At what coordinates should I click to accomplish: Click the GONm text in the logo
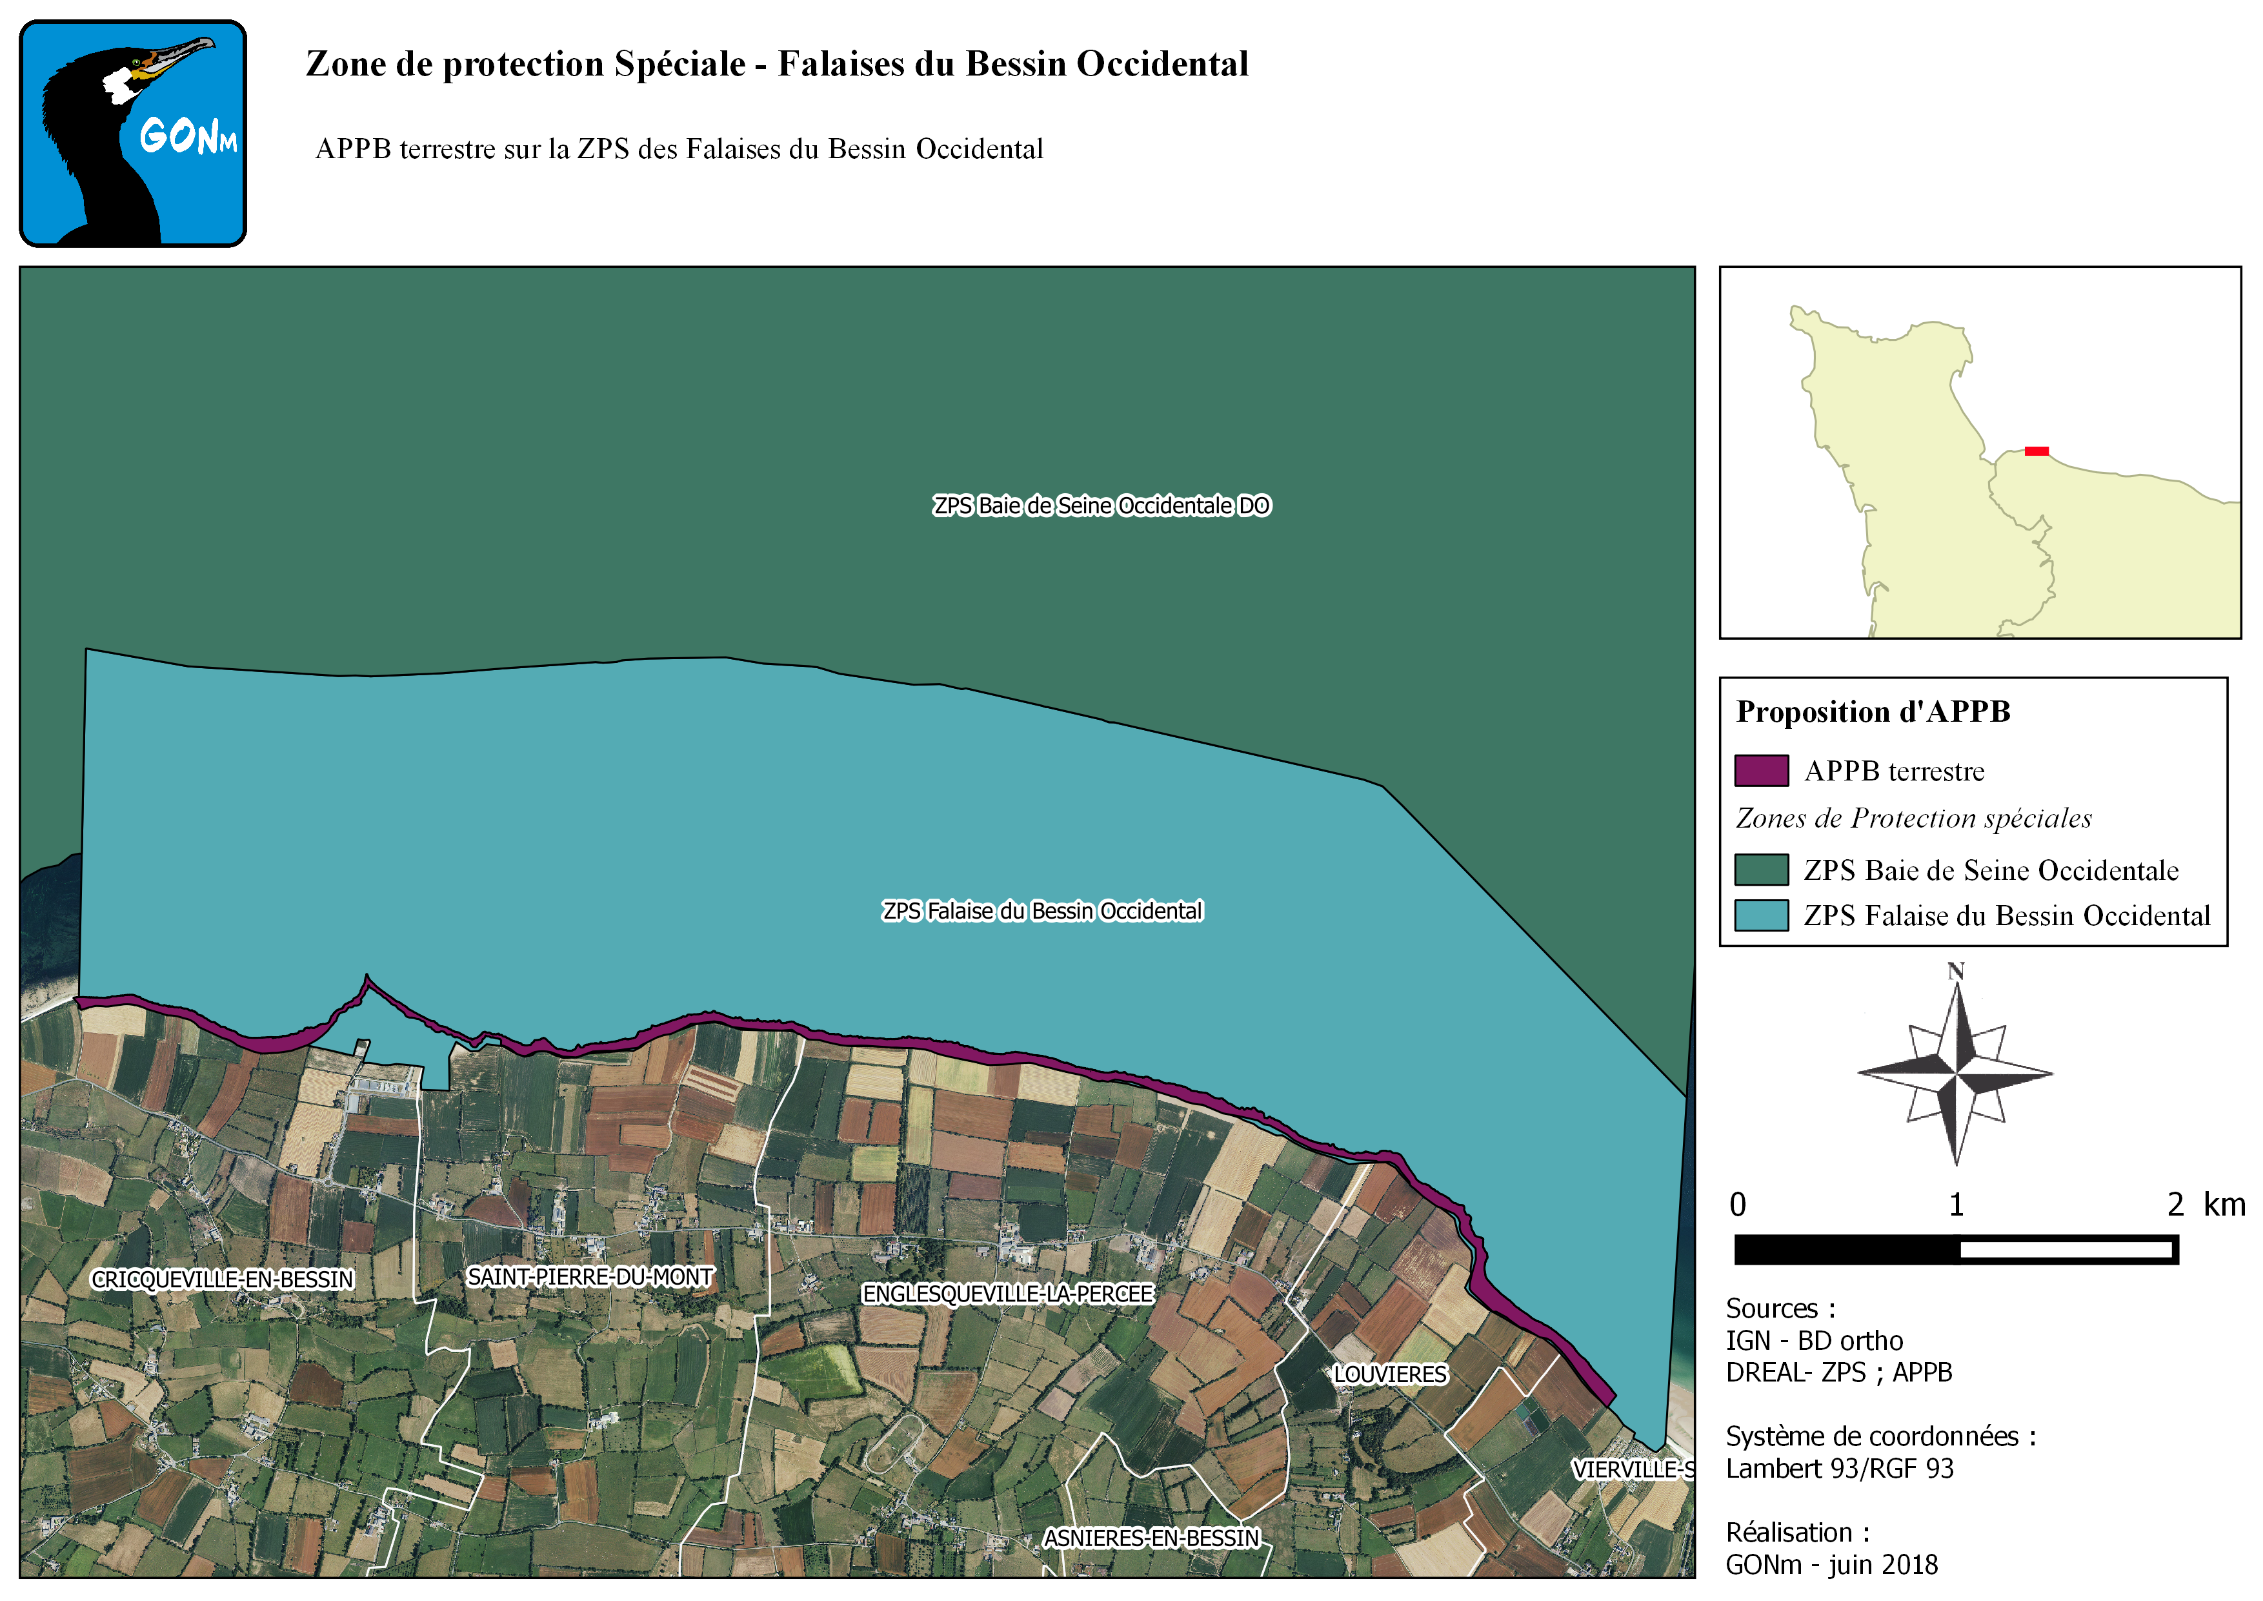[x=187, y=136]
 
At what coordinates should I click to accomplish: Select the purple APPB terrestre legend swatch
[x=1762, y=771]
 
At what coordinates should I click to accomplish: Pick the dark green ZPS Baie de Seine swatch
[x=1762, y=870]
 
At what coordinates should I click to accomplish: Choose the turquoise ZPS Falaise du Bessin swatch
[x=1762, y=915]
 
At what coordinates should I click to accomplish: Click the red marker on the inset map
[x=2037, y=451]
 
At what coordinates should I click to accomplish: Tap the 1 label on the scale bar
[x=1956, y=1204]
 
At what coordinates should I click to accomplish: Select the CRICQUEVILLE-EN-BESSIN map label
[x=223, y=1279]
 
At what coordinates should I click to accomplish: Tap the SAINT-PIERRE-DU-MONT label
[x=589, y=1277]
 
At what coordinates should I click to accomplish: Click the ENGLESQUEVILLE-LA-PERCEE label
[x=1007, y=1294]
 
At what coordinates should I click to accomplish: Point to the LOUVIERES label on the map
[x=1390, y=1374]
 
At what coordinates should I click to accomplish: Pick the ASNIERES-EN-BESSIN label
[x=1151, y=1538]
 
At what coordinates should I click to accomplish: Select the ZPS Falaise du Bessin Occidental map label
[x=1042, y=911]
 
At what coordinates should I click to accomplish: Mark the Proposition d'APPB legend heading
[x=1873, y=712]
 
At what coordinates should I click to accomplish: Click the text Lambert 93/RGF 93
[x=1839, y=1468]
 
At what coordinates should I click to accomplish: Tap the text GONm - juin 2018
[x=1831, y=1564]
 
